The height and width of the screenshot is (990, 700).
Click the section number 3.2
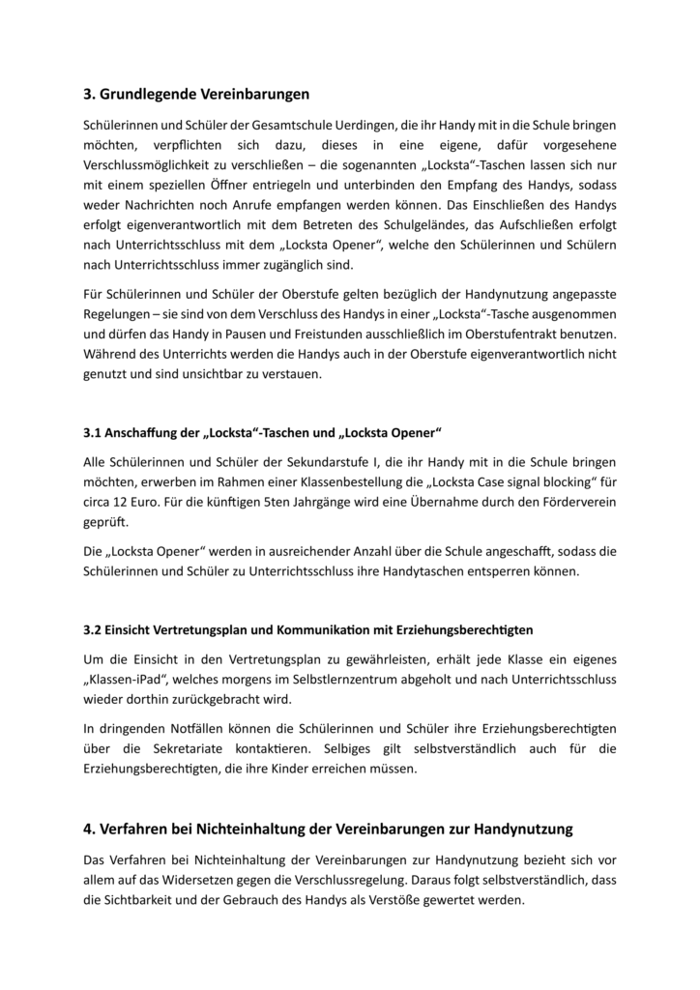coord(93,630)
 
